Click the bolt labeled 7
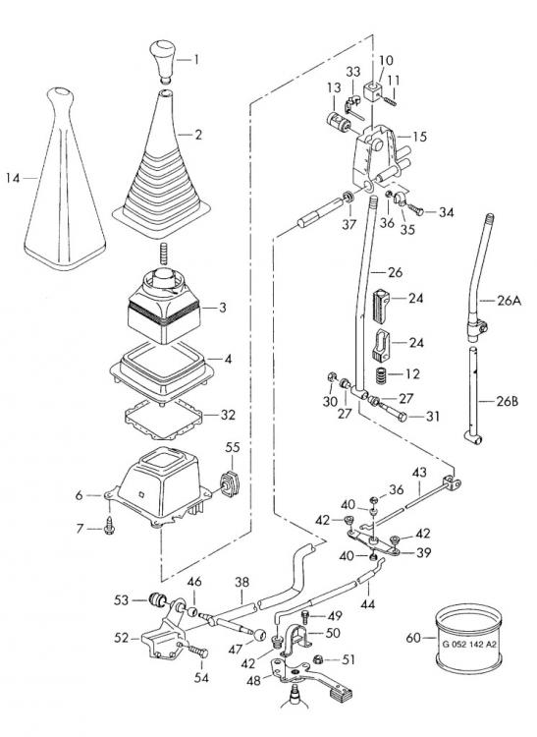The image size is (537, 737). (108, 528)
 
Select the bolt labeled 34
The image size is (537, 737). (413, 209)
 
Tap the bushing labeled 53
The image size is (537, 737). (156, 599)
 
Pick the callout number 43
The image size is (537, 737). (417, 473)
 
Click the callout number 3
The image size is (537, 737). (223, 308)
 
